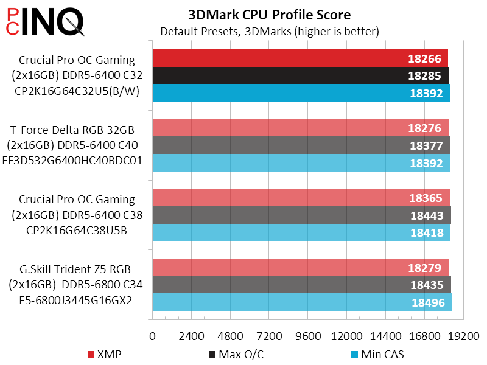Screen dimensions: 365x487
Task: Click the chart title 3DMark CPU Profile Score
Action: pyautogui.click(x=270, y=14)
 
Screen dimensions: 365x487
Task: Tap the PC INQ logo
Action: pyautogui.click(x=43, y=22)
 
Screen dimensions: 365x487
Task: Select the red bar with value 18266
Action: pyautogui.click(x=300, y=58)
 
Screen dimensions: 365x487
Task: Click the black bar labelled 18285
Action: pyautogui.click(x=300, y=76)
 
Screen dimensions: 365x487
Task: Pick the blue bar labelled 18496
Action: pyautogui.click(x=301, y=302)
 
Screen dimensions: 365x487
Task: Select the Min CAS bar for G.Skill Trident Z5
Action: pyautogui.click(x=301, y=302)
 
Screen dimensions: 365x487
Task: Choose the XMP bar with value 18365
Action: pyautogui.click(x=301, y=198)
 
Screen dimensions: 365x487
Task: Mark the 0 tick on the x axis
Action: pyautogui.click(x=153, y=336)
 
